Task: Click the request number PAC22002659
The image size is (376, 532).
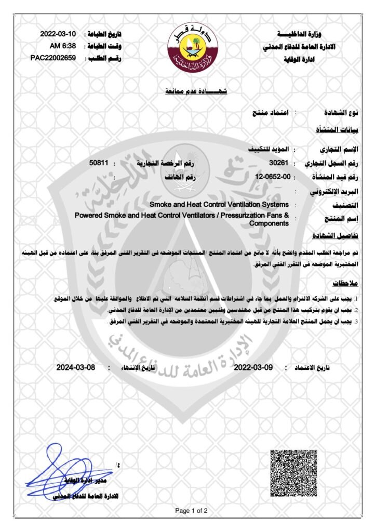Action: [54, 58]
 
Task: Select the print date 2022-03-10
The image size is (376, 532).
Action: [58, 34]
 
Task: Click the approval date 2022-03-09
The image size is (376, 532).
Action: [253, 367]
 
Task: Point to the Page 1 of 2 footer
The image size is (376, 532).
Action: [191, 511]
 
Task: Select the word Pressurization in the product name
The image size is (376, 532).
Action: [241, 215]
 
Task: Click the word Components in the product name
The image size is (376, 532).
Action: [268, 223]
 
